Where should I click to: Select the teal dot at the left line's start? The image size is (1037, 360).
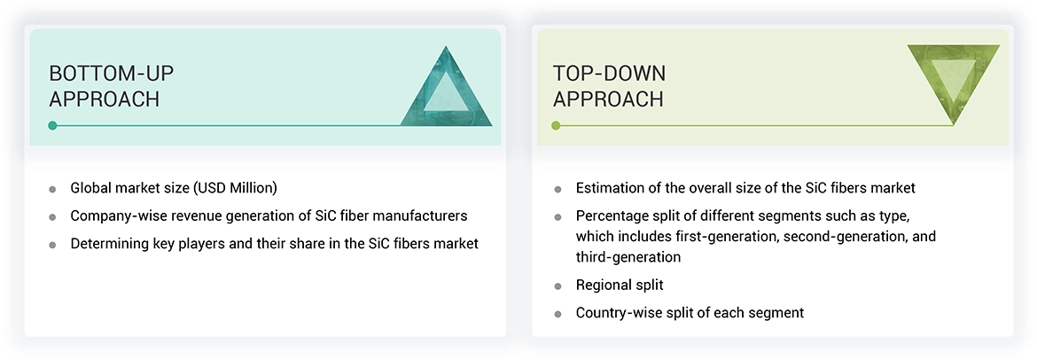(53, 126)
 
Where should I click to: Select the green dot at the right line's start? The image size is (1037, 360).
(556, 126)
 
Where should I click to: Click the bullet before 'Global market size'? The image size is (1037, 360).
(53, 189)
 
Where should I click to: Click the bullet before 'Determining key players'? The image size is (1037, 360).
(53, 244)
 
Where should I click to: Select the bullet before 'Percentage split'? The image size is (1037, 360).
(557, 216)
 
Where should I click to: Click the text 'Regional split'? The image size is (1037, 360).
(620, 286)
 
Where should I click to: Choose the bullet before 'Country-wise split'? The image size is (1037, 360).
(557, 314)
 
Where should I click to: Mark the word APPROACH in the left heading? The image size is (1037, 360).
(104, 99)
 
